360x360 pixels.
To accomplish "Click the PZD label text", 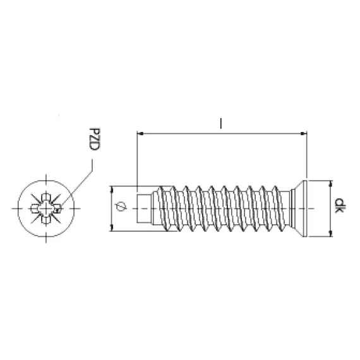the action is [x=94, y=139].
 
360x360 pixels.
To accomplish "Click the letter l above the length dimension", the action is [x=221, y=123].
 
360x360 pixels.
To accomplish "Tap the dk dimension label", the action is [x=340, y=205].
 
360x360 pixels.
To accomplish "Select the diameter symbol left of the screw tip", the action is [x=120, y=206].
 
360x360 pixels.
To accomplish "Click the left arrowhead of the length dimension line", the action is [x=140, y=133].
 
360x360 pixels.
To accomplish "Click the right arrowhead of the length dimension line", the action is [x=304, y=133].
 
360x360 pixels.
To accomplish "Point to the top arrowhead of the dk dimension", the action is [x=330, y=184].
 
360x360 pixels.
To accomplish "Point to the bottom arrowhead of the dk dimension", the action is [x=330, y=233].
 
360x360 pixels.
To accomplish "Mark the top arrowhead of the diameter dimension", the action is [x=112, y=189].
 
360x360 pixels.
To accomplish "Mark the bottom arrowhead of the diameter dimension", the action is [x=112, y=228].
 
